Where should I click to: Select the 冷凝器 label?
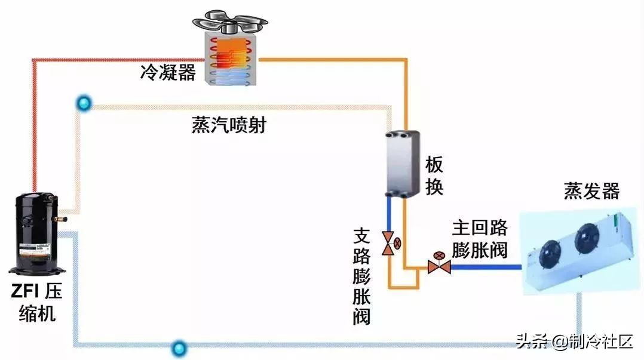tap(168, 73)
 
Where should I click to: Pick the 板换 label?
tap(434, 176)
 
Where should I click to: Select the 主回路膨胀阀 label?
tap(480, 238)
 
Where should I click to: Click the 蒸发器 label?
tap(591, 191)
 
